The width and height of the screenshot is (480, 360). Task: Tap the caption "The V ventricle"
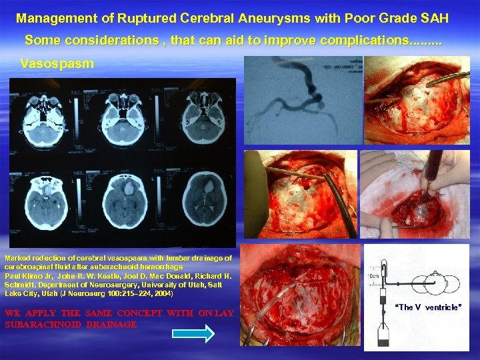[428, 307]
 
